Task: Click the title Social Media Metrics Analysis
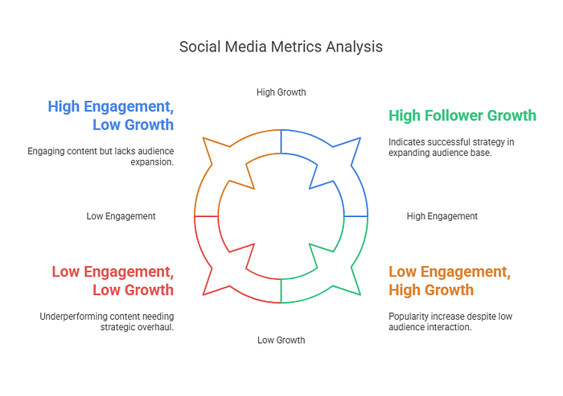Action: (x=281, y=47)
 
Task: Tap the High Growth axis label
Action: (x=281, y=92)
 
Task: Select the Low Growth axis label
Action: (x=281, y=340)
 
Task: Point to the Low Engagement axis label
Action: (x=121, y=216)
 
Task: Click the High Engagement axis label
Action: (x=442, y=216)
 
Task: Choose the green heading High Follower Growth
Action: (x=462, y=116)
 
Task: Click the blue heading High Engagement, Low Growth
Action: (x=111, y=115)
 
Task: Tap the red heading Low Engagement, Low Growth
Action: (x=113, y=280)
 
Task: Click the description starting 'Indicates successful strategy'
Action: (x=450, y=147)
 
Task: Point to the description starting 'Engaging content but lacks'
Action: (x=101, y=156)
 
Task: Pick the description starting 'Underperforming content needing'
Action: (x=106, y=321)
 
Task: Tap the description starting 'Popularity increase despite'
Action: (x=450, y=321)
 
